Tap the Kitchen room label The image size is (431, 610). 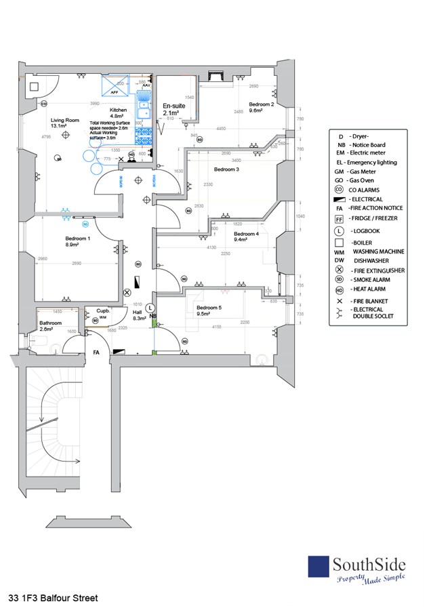pyautogui.click(x=118, y=109)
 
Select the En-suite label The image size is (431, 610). pyautogui.click(x=174, y=106)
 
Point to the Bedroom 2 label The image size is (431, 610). pyautogui.click(x=261, y=104)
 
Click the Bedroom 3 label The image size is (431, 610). pyautogui.click(x=227, y=169)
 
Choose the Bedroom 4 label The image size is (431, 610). pyautogui.click(x=246, y=234)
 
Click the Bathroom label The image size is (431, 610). pyautogui.click(x=51, y=323)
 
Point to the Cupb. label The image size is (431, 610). pyautogui.click(x=103, y=309)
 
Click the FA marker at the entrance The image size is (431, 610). pyautogui.click(x=97, y=352)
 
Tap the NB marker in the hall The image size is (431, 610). pyautogui.click(x=153, y=317)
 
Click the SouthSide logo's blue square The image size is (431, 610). pyautogui.click(x=319, y=567)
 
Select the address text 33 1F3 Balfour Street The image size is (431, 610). pyautogui.click(x=54, y=598)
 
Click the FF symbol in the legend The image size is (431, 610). pyautogui.click(x=339, y=219)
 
